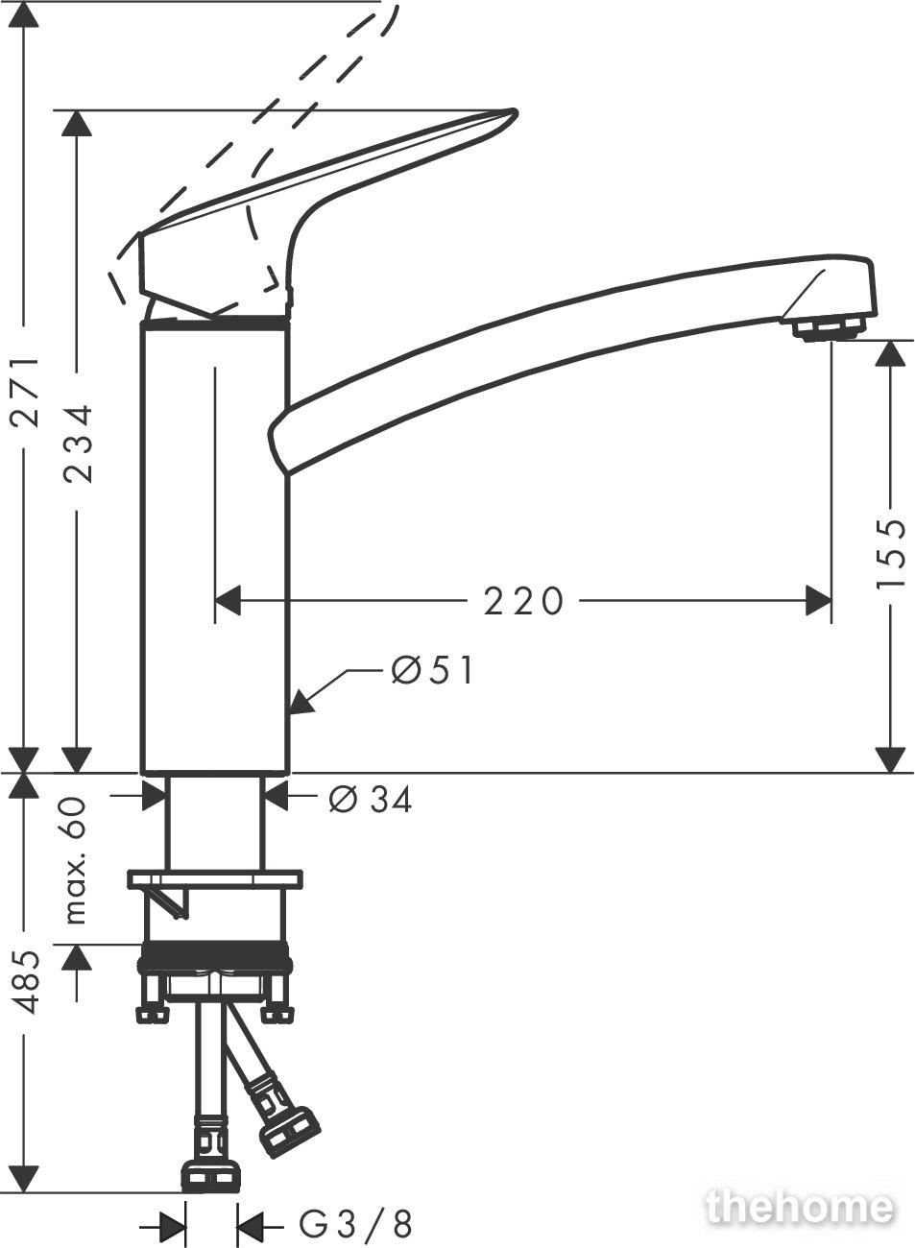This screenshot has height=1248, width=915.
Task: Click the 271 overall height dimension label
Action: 26,392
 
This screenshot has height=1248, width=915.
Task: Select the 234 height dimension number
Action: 77,444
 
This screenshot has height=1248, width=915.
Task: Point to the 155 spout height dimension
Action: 889,554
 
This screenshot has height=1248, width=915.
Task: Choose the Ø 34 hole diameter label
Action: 370,800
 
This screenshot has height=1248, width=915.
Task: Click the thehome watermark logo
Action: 801,1204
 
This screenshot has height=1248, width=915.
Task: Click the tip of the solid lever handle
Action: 515,113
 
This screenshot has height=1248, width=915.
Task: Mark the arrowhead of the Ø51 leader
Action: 301,703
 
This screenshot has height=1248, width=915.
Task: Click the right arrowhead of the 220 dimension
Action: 818,601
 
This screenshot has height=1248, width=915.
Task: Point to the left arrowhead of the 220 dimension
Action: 228,601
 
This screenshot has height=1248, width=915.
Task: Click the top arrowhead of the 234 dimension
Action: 77,123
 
